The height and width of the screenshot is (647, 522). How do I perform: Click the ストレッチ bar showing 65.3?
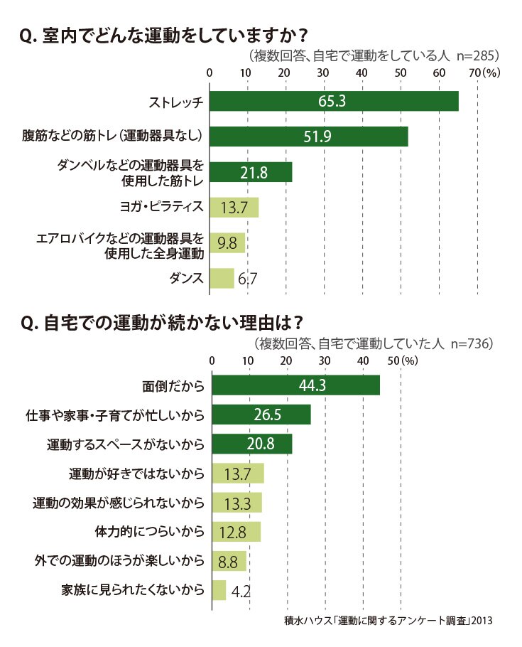[x=334, y=101]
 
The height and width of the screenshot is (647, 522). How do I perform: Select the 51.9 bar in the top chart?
[x=309, y=137]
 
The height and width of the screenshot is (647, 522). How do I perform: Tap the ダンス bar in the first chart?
[x=222, y=279]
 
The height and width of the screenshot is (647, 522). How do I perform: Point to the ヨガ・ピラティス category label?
[x=162, y=206]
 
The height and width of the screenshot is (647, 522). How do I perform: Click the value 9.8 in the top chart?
[x=227, y=243]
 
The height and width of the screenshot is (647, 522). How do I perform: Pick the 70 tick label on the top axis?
[x=475, y=73]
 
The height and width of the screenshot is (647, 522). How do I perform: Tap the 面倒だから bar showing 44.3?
[x=295, y=385]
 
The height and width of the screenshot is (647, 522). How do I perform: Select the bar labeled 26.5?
[x=261, y=415]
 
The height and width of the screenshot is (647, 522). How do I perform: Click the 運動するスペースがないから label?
[x=126, y=444]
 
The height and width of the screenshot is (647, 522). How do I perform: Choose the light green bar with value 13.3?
[x=237, y=503]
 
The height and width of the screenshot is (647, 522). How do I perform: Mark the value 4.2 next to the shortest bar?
[x=241, y=592]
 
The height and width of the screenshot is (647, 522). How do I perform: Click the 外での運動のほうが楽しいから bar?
[x=229, y=561]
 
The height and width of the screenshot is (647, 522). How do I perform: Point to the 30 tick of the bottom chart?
[x=325, y=361]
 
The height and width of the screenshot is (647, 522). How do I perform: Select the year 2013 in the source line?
[x=482, y=620]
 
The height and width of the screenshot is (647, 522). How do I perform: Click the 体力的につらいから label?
[x=150, y=532]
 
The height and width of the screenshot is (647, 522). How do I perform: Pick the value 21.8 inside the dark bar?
[x=254, y=173]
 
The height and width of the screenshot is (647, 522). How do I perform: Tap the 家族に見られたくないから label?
[x=133, y=590]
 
